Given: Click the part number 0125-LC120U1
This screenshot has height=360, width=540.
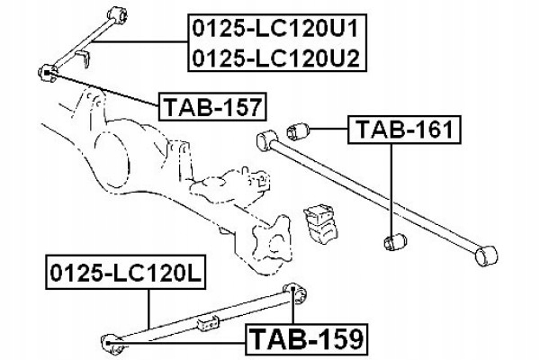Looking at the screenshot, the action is (x=275, y=28).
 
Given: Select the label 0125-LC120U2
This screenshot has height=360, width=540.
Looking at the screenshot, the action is (x=275, y=58).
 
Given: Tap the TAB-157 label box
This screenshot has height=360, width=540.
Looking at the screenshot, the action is (x=212, y=106).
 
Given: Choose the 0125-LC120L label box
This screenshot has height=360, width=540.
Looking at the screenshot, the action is (x=126, y=272).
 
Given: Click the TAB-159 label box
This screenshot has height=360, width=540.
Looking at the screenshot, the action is (x=307, y=339).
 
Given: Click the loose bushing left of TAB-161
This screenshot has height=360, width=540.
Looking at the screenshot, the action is (x=298, y=130).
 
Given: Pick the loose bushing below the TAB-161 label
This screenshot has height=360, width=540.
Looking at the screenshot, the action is (x=395, y=241).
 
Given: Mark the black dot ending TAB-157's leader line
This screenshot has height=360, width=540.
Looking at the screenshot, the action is (x=47, y=72).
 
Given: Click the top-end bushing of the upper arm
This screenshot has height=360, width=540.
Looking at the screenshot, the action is (x=118, y=14).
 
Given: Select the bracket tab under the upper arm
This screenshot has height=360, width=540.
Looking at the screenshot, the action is (x=83, y=58).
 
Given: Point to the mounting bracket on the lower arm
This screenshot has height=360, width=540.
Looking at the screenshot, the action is (x=209, y=323).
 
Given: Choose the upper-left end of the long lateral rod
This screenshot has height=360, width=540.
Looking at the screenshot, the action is (x=267, y=139).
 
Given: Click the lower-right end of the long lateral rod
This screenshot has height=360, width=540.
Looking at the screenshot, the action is (x=486, y=256).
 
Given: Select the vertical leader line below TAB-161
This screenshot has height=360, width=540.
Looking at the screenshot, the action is (x=391, y=190).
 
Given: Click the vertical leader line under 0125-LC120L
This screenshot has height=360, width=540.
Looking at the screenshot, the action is (x=148, y=309).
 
